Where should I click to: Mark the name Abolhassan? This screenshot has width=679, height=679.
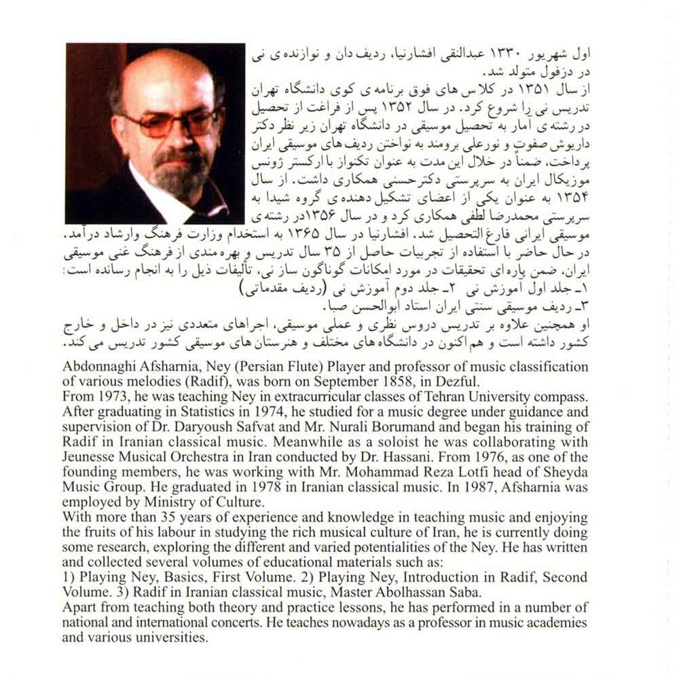click(392, 591)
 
